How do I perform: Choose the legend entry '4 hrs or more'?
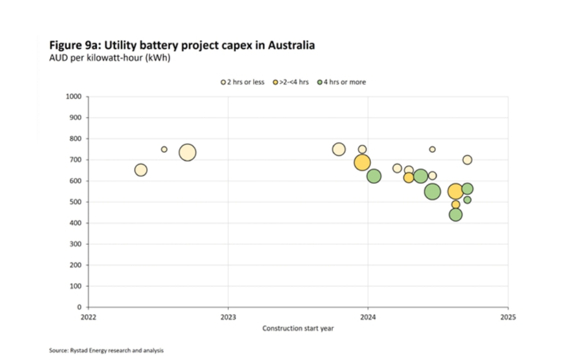click(x=342, y=82)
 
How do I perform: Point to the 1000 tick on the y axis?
click(x=75, y=97)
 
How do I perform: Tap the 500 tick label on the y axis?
click(x=76, y=202)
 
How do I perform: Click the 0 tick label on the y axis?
click(x=80, y=307)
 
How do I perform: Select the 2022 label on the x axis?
click(x=88, y=318)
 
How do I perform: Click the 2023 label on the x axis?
click(x=228, y=318)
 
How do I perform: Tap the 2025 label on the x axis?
click(x=508, y=318)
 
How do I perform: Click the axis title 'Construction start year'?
click(x=298, y=329)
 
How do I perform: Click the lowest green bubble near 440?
click(x=456, y=215)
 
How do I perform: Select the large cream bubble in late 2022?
click(x=187, y=152)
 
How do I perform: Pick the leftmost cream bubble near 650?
click(x=141, y=170)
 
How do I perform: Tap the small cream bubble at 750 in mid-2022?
click(x=164, y=149)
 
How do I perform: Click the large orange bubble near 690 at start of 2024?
click(x=362, y=162)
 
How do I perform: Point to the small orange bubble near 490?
click(x=456, y=205)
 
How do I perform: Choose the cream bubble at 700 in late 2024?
click(x=467, y=160)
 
